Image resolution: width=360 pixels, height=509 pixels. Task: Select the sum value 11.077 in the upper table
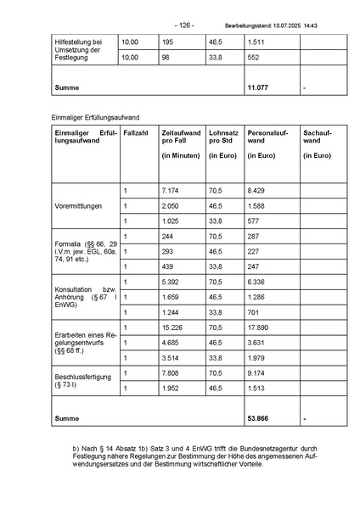tap(257, 87)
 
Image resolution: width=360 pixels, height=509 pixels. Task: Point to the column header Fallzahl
tap(137, 133)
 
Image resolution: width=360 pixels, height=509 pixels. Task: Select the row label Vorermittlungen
tap(77, 206)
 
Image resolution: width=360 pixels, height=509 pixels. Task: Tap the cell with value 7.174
tap(170, 191)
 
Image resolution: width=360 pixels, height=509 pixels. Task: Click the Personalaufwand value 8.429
tap(256, 191)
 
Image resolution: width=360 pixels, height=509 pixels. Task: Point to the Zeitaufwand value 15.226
tap(172, 327)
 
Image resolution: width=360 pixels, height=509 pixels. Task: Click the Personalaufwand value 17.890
tap(257, 327)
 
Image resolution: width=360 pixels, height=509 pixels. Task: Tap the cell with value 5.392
tap(170, 282)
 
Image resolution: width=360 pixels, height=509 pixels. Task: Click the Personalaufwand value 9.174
tap(256, 372)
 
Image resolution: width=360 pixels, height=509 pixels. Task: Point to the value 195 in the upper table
tap(167, 42)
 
